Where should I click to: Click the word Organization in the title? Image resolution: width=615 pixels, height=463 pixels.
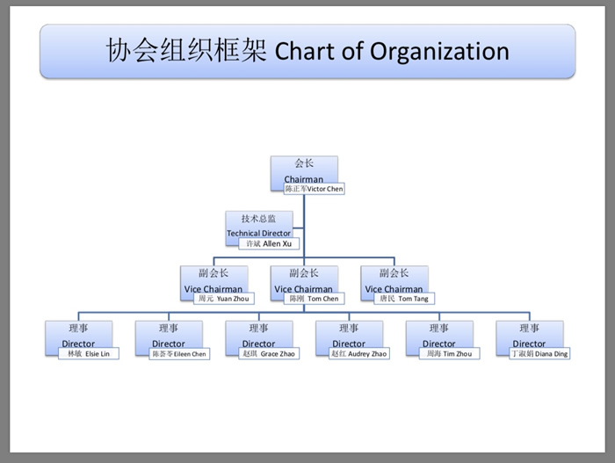(x=439, y=51)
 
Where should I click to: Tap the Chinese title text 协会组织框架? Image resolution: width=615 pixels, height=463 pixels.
(x=186, y=50)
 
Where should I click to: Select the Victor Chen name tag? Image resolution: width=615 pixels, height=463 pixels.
(x=314, y=189)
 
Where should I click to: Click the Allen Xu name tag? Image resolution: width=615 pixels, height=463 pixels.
(x=268, y=243)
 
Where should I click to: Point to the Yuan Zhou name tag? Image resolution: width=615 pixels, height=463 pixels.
(x=223, y=299)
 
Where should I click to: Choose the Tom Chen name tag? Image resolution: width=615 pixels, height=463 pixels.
(x=314, y=299)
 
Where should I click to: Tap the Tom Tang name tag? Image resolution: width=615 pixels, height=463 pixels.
(x=404, y=299)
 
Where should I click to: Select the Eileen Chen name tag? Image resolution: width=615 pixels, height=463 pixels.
(x=178, y=353)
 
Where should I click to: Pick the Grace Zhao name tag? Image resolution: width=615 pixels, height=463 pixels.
(x=268, y=353)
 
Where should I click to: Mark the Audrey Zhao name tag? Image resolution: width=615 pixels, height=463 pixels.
(x=358, y=353)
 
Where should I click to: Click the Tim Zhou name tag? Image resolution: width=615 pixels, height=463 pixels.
(x=449, y=353)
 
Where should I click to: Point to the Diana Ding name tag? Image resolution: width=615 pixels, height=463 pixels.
(x=539, y=353)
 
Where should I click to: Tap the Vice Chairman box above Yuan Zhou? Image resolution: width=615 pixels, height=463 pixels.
(x=213, y=279)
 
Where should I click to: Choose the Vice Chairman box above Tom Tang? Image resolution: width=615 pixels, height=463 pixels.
(x=394, y=279)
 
